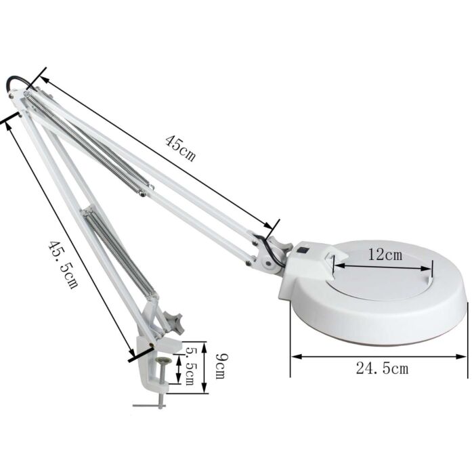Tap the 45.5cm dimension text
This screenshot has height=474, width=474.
point(62,264)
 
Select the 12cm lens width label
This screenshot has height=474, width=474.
point(384,255)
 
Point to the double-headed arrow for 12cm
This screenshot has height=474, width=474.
point(384,266)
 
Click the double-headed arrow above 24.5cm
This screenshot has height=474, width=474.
point(379,355)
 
